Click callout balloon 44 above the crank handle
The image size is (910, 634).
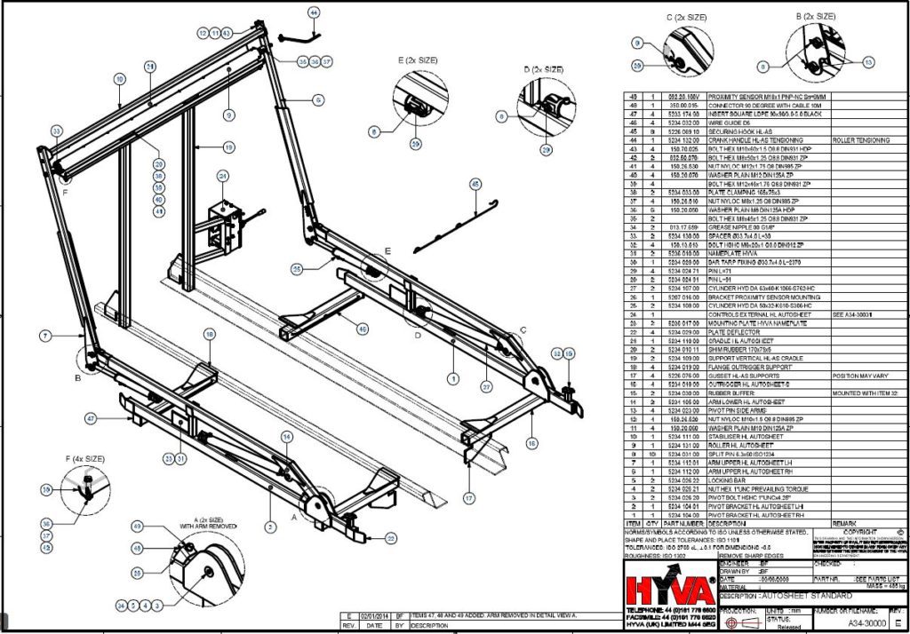pyautogui.click(x=313, y=12)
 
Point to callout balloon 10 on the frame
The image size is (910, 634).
pyautogui.click(x=118, y=79)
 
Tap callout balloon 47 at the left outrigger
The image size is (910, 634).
pyautogui.click(x=91, y=417)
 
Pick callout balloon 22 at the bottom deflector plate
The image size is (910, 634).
pyautogui.click(x=391, y=537)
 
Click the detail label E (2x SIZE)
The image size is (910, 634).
pyautogui.click(x=417, y=60)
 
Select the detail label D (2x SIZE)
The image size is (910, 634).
pyautogui.click(x=539, y=69)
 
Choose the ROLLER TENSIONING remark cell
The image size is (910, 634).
pyautogui.click(x=863, y=140)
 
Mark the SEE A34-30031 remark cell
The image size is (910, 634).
pyautogui.click(x=858, y=313)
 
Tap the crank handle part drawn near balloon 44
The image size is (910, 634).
pyautogui.click(x=298, y=37)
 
